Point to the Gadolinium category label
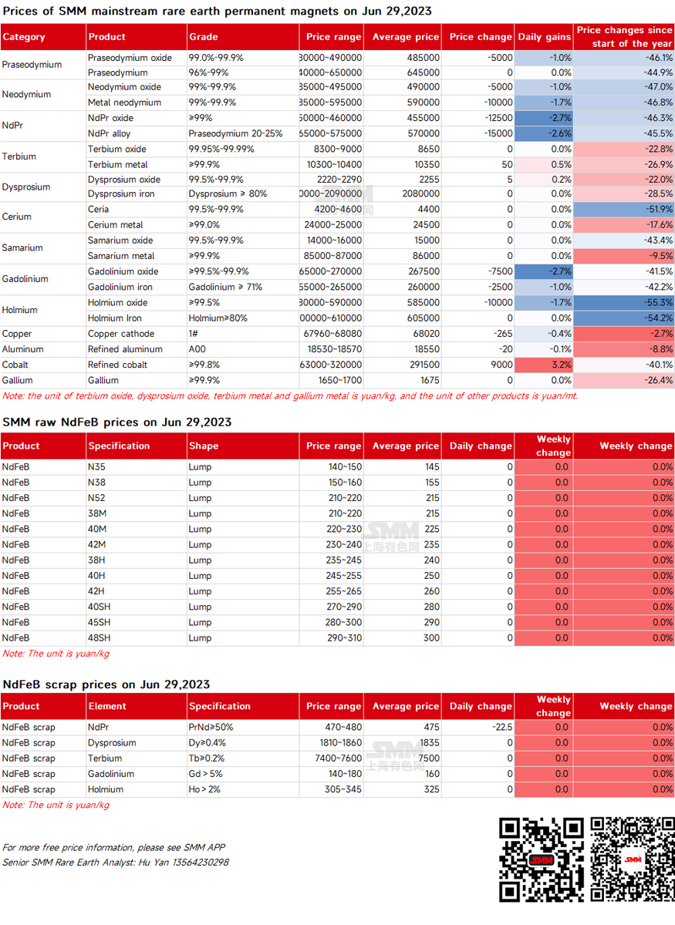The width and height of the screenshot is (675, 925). point(25,279)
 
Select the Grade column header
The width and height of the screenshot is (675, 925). point(204,37)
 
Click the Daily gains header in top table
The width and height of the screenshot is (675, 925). point(545,37)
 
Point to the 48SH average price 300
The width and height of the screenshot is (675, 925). point(430,637)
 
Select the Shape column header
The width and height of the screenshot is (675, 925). point(204,446)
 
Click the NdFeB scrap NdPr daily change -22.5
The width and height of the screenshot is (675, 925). point(501,727)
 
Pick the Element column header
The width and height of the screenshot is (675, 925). point(107,706)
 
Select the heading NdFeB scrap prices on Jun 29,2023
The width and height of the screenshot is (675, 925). point(106,684)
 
